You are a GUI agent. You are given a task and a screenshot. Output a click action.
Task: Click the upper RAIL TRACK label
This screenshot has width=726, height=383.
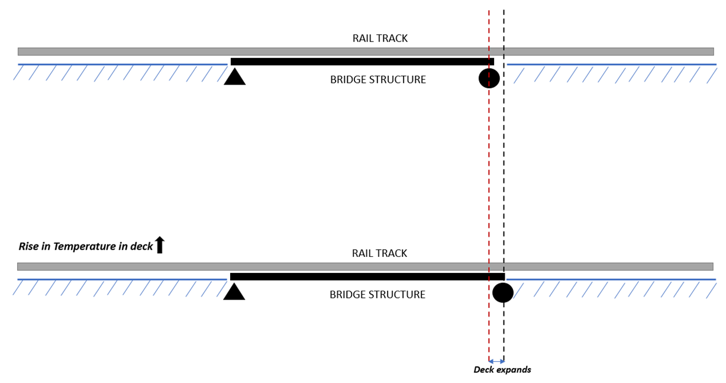pos(380,38)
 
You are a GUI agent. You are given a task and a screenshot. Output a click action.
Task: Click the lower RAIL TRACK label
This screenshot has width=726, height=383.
pos(379,253)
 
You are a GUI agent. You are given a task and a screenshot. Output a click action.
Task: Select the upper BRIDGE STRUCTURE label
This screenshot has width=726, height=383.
pos(377,80)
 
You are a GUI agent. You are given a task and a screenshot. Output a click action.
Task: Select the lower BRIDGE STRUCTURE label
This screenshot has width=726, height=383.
pos(377,295)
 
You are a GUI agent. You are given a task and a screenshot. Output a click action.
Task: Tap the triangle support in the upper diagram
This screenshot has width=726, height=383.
pos(234,78)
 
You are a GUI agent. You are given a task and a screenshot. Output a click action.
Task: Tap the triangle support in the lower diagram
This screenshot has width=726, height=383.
pos(234,292)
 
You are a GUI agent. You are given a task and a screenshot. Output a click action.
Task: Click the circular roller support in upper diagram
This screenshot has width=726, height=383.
pos(489,78)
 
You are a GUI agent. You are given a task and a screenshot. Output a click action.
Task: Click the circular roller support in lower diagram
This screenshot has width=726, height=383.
pos(502,292)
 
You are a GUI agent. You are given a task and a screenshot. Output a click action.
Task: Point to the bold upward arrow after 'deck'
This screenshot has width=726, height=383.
pos(159,245)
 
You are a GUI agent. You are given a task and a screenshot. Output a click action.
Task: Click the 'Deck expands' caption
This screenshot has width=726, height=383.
pos(502,370)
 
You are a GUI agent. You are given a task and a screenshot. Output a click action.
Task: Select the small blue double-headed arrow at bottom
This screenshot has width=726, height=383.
pos(496,361)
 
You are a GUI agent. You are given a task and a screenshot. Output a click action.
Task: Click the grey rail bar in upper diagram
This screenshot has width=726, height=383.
pos(178,52)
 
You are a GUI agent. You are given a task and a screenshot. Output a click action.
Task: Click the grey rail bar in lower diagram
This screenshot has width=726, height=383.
pos(178,266)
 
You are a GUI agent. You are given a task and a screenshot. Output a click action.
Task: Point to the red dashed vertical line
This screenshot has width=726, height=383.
pos(489,178)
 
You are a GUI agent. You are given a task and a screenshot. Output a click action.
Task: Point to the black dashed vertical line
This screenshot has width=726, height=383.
pos(504,178)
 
